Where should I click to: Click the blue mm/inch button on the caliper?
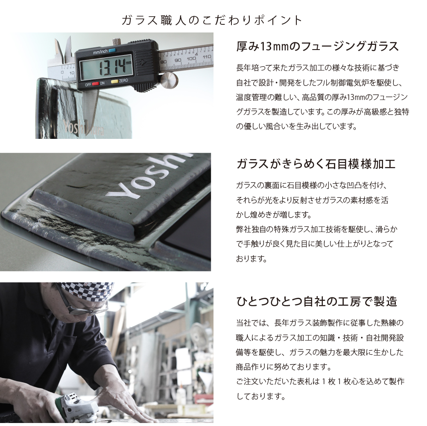coord(112,50)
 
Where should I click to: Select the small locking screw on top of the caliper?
coord(116,42)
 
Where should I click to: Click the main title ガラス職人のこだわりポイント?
coord(212,20)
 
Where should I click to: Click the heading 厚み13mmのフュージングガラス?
coord(317,46)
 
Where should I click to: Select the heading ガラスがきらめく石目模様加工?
coord(316,164)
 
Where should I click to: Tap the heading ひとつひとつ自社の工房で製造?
coord(316,302)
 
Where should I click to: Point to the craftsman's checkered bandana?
coord(88,290)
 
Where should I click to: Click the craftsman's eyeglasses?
coord(81,307)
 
